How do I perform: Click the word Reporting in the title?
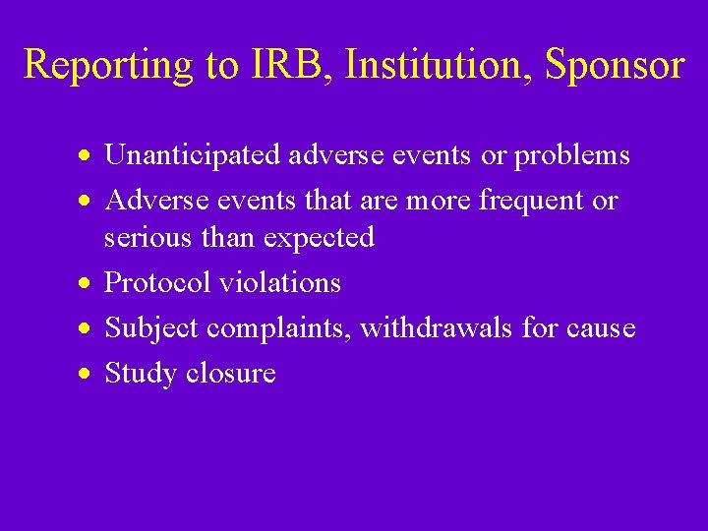pyautogui.click(x=109, y=65)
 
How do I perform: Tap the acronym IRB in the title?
pyautogui.click(x=279, y=65)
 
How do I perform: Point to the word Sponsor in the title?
pyautogui.click(x=614, y=66)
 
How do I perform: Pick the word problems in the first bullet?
pyautogui.click(x=572, y=155)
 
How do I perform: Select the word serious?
pyautogui.click(x=149, y=237)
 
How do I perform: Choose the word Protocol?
pyautogui.click(x=157, y=283)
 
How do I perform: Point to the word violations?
pyautogui.click(x=280, y=283)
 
